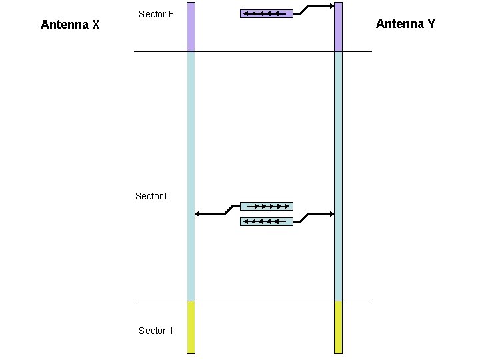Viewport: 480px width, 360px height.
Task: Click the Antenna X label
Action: (70, 25)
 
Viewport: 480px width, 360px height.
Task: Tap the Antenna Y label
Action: (405, 24)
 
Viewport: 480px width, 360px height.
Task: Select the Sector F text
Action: (156, 14)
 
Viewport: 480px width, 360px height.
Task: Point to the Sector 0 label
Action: (153, 196)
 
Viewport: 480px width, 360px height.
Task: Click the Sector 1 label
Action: (155, 331)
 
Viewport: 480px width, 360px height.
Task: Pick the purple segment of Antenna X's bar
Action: (191, 27)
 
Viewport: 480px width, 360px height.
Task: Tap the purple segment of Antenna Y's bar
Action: (338, 27)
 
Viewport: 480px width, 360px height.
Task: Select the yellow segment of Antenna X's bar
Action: (191, 327)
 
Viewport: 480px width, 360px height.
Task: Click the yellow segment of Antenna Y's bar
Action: (338, 327)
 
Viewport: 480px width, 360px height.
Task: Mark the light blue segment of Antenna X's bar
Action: (191, 133)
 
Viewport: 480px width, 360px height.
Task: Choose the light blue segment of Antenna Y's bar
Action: (338, 133)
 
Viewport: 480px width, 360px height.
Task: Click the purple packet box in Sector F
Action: (266, 13)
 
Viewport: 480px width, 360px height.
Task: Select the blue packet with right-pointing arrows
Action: (266, 207)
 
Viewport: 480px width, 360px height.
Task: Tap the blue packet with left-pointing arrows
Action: (266, 221)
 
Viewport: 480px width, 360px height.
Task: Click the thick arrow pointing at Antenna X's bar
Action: (210, 214)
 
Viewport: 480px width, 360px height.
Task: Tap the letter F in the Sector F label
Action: (171, 14)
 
